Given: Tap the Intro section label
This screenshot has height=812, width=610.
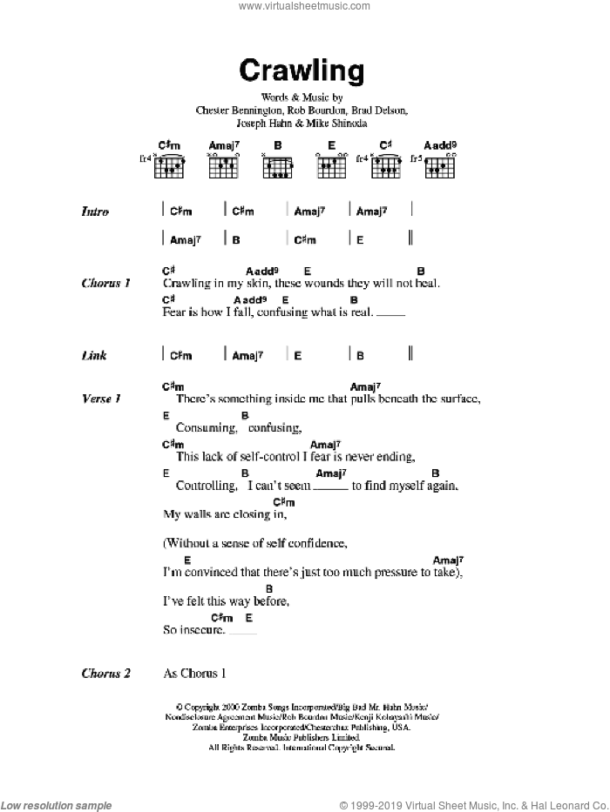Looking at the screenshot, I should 95,211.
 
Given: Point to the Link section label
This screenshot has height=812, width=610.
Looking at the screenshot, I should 94,355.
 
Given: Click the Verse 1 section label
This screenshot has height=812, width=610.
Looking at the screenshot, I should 100,399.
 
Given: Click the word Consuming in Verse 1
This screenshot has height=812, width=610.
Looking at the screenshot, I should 206,427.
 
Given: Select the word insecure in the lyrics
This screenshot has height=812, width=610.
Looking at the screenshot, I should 202,630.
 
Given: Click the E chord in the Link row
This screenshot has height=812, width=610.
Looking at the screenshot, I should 297,355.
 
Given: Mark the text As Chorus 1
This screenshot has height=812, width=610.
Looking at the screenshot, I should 194,673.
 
